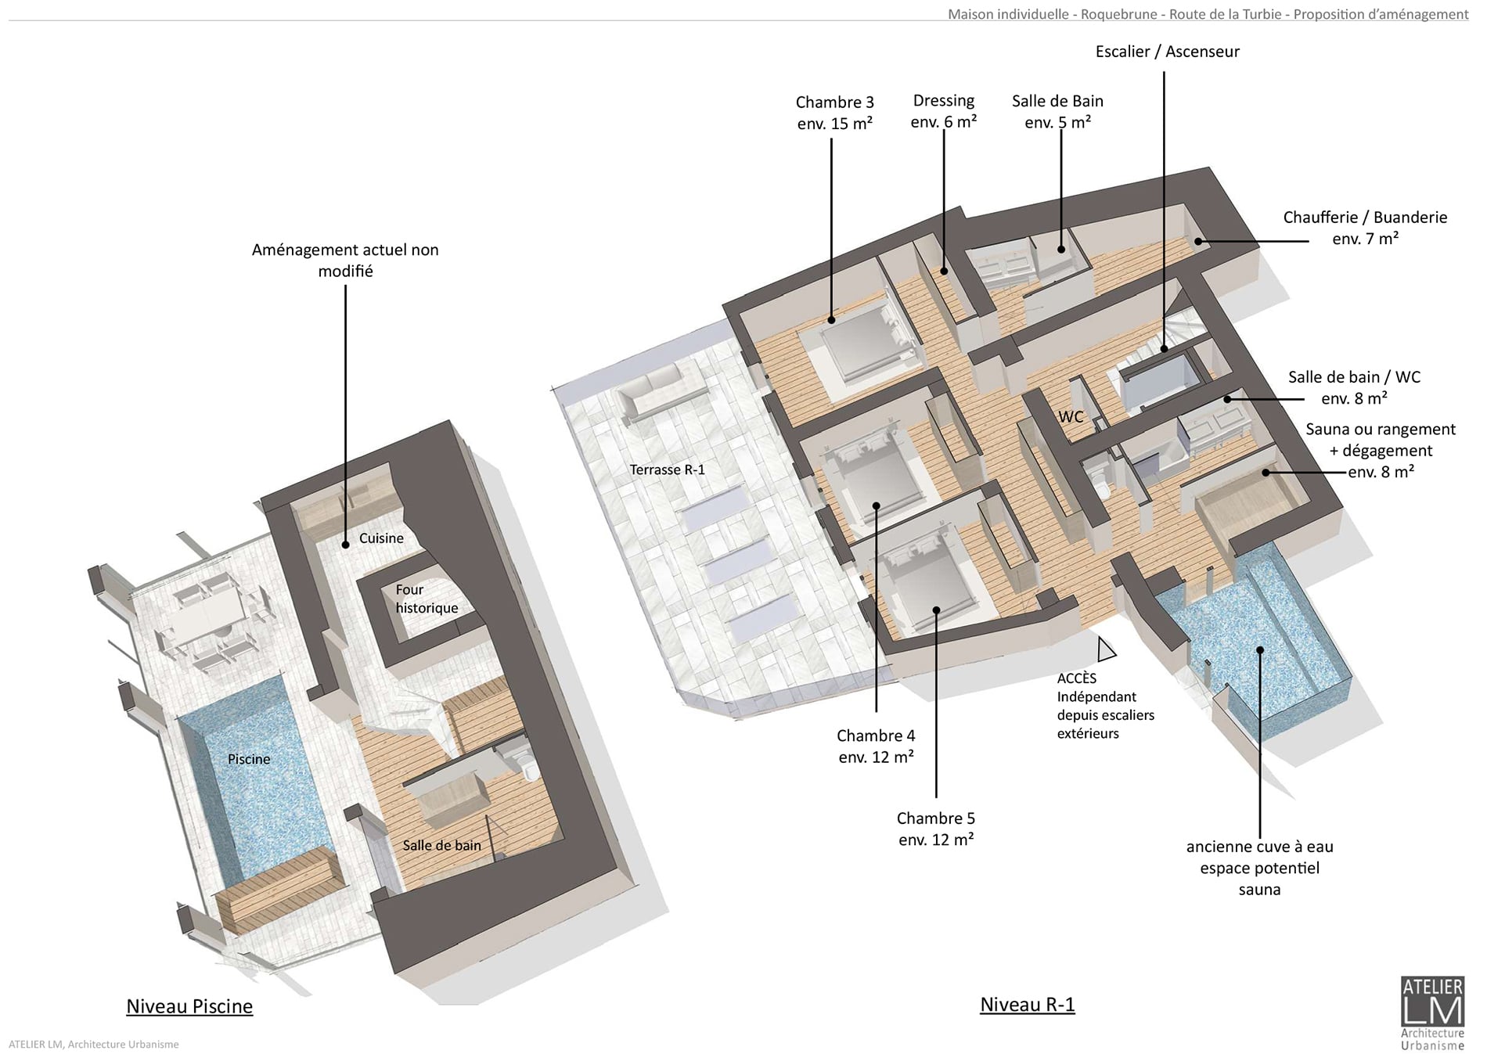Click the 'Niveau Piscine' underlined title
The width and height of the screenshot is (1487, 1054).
click(189, 1006)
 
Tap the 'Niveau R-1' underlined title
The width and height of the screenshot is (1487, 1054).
click(1028, 1005)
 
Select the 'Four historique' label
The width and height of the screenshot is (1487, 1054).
click(427, 599)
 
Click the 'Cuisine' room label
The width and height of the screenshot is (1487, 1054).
click(381, 538)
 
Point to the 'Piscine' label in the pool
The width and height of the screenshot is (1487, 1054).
click(249, 759)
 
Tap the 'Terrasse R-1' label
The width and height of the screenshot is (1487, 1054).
click(668, 469)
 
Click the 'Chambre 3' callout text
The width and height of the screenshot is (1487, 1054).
click(835, 103)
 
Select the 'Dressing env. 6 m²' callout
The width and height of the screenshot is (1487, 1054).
click(944, 111)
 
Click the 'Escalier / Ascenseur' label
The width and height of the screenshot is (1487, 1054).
click(1168, 52)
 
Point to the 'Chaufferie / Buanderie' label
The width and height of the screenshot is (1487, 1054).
click(1365, 218)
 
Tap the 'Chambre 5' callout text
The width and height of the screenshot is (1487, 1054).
click(936, 818)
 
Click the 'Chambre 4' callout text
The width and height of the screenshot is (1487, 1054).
click(876, 736)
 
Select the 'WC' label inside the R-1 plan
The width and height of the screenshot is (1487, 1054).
click(1071, 416)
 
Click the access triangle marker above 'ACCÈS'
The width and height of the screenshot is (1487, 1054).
click(1107, 649)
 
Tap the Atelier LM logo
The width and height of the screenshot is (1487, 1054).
click(1432, 1013)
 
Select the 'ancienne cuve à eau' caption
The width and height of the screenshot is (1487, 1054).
click(1259, 847)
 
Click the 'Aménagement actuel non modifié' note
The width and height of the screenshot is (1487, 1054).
click(345, 261)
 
